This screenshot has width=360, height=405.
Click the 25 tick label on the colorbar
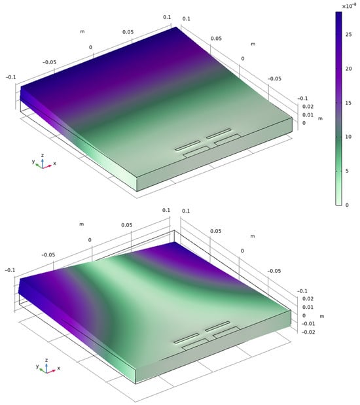[349, 35]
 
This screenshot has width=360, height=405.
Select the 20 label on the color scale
[349, 69]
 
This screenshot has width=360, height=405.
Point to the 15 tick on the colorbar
[349, 103]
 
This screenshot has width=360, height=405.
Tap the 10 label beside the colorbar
[349, 137]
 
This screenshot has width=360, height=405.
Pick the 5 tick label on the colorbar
[347, 171]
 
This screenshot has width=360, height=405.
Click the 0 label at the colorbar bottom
[347, 205]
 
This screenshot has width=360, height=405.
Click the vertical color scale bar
[338, 109]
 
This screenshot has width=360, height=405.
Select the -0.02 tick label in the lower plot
[308, 332]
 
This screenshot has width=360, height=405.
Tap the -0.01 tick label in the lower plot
[308, 324]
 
